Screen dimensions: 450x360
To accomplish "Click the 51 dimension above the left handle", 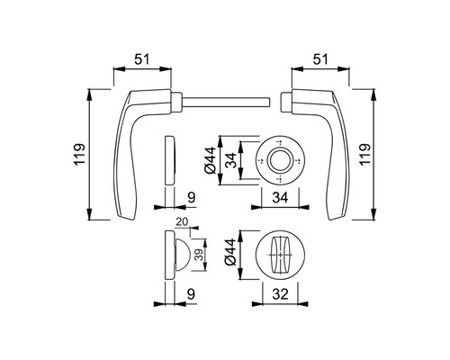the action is [141, 59].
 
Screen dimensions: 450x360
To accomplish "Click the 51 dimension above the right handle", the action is [320, 59].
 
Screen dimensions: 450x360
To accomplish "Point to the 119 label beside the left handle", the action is [79, 155].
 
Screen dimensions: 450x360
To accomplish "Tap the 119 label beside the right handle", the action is [365, 154].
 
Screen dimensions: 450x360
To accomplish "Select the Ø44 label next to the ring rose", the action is [210, 160].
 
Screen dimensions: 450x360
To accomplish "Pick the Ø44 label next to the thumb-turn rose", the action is [230, 252].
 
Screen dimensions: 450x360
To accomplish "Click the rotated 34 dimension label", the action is [231, 160].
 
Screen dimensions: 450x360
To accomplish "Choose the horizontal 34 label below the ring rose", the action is [280, 197].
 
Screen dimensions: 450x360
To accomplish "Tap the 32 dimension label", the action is [280, 294].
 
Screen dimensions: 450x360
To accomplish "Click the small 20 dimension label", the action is [182, 221].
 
